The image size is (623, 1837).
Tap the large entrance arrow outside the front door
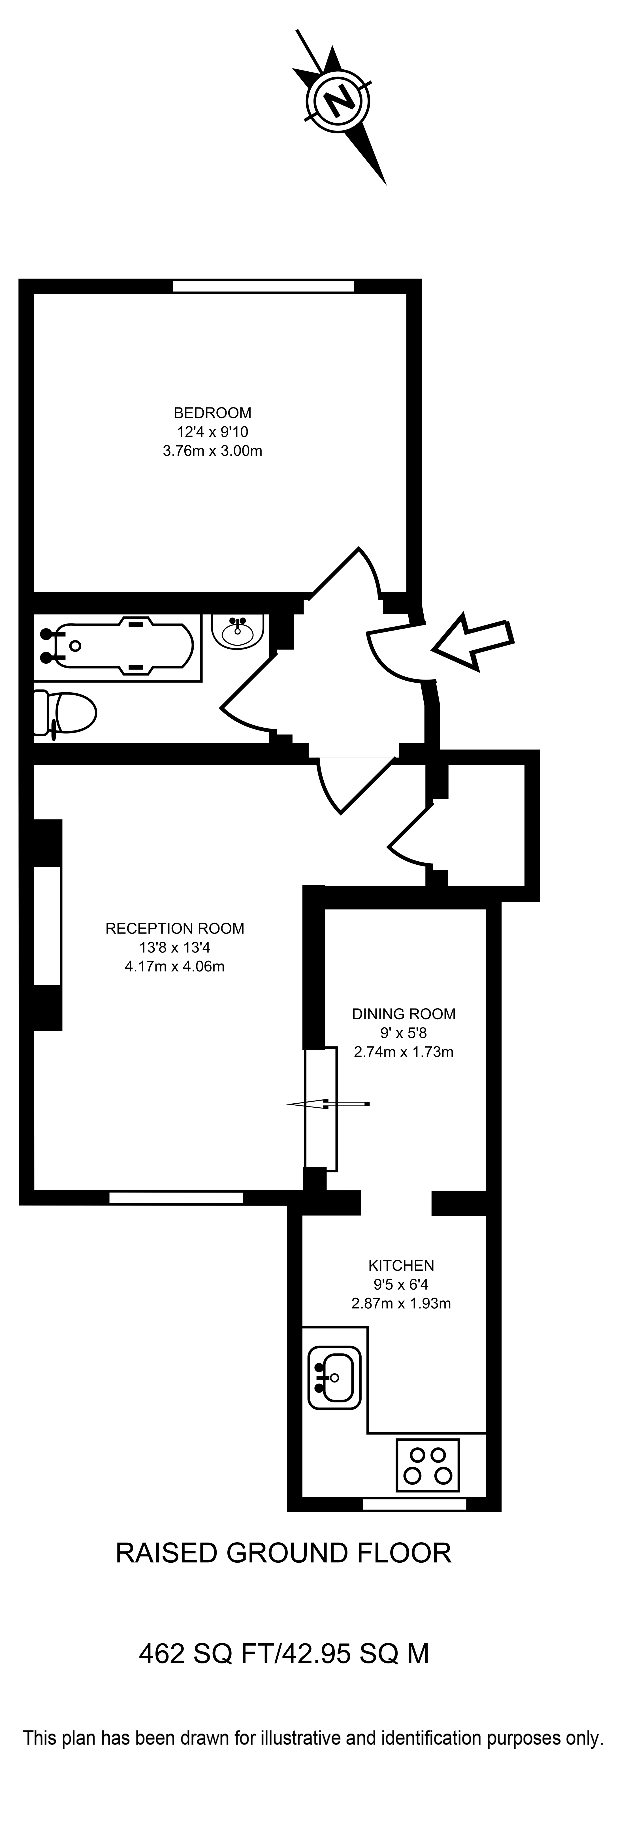coord(472,640)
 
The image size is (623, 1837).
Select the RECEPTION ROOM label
coord(175,928)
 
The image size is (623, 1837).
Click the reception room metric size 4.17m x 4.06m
coord(175,967)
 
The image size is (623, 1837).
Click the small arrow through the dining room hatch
coord(328,1105)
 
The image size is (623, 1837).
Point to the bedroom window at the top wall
coord(263,286)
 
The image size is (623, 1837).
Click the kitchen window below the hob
coord(415,1504)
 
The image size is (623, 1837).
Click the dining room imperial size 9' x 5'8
coord(404,1033)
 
